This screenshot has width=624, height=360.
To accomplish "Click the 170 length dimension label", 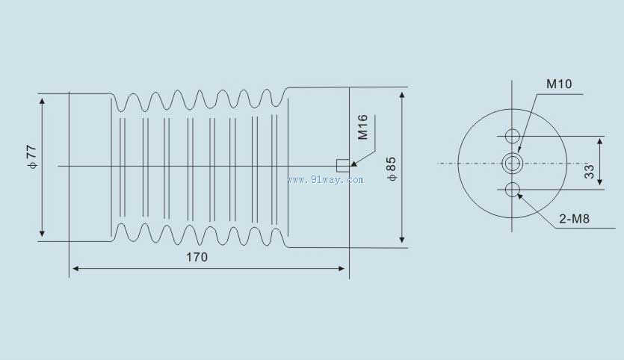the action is [x=197, y=257].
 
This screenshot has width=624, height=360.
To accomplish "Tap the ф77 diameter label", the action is [x=32, y=157].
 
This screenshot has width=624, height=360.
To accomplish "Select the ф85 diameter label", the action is [x=392, y=169].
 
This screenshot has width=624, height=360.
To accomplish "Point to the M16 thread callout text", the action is [x=362, y=127].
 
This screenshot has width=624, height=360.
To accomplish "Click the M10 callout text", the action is [x=559, y=84].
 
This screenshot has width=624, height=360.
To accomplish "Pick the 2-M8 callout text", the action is [x=574, y=218].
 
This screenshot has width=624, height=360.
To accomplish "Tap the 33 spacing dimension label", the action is [x=590, y=171].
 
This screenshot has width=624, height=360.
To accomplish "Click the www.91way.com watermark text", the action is [x=326, y=180].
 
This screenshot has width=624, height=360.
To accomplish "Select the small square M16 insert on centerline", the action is [x=343, y=166].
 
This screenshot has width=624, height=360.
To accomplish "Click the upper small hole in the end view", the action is [x=513, y=136].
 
